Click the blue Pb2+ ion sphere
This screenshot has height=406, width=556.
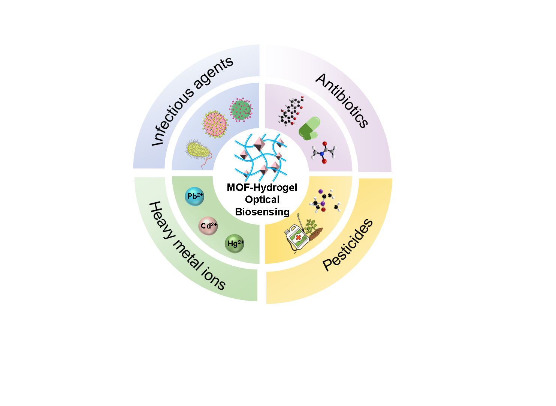195,196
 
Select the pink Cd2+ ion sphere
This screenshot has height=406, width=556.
208,226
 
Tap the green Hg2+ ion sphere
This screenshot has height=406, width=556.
235,244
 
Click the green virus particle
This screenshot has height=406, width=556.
241,110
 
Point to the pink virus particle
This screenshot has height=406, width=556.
215,124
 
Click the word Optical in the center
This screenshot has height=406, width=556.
262,200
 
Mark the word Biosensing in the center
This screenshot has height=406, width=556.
262,212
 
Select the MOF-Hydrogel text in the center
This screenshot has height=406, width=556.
262,188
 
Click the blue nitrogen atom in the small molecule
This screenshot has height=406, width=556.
322,153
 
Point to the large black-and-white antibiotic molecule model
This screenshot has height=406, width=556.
291,111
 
